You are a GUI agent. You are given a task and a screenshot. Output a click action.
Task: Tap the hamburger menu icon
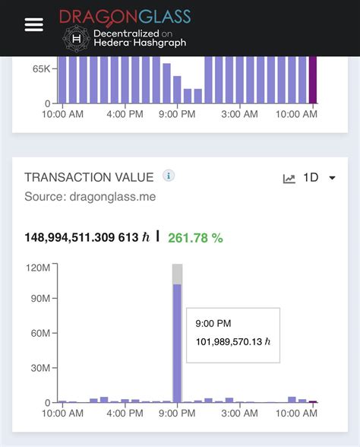pos(34,24)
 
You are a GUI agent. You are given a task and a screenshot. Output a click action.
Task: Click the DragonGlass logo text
pos(125,16)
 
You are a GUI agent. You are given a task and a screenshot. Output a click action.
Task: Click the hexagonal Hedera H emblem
pos(76,37)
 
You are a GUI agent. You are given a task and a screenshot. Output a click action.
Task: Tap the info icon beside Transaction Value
pos(169,176)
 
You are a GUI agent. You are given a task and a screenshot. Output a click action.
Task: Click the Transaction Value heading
pos(89,177)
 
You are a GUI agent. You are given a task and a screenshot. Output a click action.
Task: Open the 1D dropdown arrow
pos(333,178)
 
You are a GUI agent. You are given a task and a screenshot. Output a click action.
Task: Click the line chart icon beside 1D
pos(289,179)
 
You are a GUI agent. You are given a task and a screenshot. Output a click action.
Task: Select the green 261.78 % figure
pos(195,238)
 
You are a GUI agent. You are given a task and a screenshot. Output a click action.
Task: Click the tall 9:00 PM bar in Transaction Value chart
pos(177,342)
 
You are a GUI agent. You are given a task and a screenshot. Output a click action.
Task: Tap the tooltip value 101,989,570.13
pos(233,341)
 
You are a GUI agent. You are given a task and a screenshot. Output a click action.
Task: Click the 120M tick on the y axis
pos(39,267)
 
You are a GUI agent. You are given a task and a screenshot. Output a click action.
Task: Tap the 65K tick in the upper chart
pos(41,69)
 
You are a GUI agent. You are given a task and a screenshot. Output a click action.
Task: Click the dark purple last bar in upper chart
pos(312,80)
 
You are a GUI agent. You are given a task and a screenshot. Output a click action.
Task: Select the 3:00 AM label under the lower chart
pos(239,414)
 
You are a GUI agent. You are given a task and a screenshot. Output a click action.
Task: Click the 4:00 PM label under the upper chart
pos(125,114)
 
